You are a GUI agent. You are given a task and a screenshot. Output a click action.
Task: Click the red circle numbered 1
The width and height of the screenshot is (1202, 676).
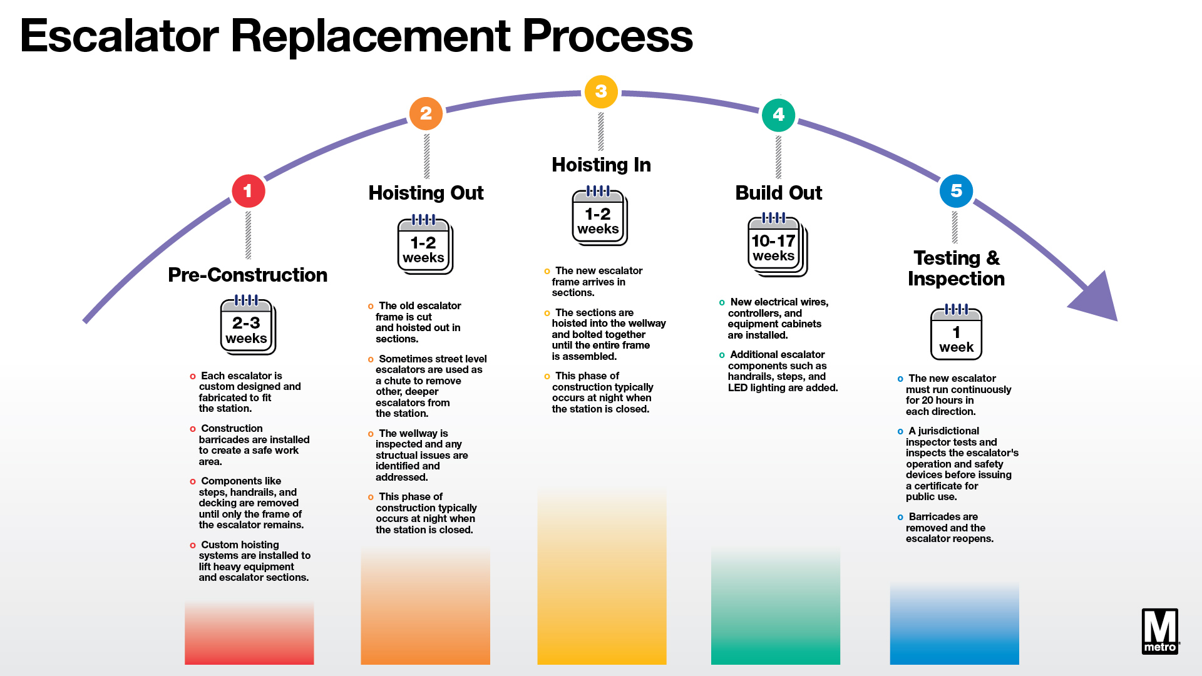point(248,191)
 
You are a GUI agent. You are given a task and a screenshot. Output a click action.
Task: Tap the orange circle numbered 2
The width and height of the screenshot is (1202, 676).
point(426,113)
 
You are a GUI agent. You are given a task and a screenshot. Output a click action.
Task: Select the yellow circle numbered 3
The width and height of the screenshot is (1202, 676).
point(601,91)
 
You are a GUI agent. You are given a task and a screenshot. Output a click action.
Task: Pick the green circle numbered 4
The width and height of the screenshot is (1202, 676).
point(778,115)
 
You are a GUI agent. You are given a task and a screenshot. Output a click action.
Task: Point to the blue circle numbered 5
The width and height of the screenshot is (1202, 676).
point(956,191)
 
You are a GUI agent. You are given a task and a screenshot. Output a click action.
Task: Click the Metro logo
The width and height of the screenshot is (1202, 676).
point(1160,632)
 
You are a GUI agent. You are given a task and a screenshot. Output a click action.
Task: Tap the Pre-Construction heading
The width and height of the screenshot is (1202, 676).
point(247,275)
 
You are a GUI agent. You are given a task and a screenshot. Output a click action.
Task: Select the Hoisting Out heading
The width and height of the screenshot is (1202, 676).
point(426,193)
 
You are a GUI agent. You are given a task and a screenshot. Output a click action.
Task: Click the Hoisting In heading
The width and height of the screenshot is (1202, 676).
point(601,165)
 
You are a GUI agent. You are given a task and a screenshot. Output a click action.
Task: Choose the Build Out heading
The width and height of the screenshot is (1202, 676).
point(778,193)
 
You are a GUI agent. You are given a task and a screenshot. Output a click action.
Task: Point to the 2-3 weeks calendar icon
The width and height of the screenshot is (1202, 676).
point(247,325)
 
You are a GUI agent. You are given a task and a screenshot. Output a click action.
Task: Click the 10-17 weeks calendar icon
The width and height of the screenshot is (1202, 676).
point(777,245)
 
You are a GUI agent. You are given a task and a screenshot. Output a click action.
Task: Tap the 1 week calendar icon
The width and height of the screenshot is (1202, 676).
point(956,333)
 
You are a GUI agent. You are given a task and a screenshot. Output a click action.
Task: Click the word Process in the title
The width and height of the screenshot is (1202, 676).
point(607,36)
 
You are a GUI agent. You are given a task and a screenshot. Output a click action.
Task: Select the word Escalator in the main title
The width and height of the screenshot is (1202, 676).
point(120,36)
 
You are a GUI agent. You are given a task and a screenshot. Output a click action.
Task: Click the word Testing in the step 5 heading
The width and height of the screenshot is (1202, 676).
point(947,258)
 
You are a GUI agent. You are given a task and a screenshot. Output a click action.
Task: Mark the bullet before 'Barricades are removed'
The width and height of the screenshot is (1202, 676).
point(900,518)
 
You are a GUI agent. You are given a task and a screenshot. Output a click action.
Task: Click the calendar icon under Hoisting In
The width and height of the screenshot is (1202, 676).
point(599,217)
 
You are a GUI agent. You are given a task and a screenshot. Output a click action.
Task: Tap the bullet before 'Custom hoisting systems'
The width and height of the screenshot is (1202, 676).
point(193,546)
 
